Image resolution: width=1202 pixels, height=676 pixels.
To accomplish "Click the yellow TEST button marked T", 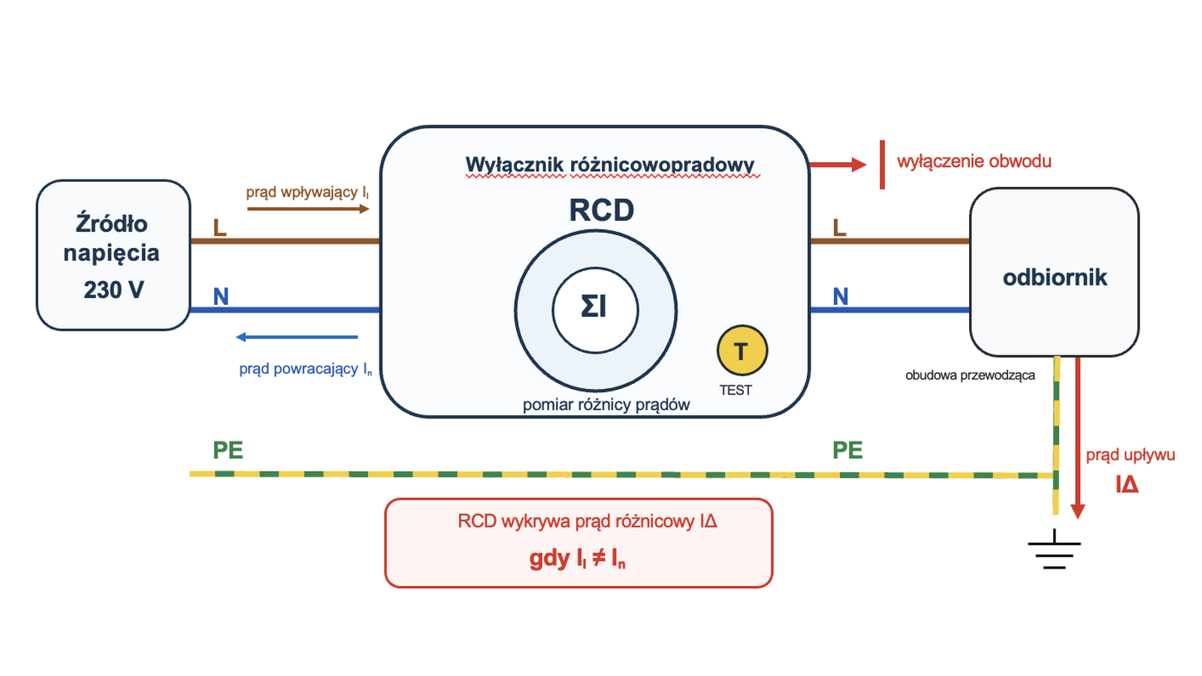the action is tap(742, 350).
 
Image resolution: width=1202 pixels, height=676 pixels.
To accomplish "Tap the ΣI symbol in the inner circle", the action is tap(594, 307).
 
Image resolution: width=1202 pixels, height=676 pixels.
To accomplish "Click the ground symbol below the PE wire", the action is tap(1055, 549).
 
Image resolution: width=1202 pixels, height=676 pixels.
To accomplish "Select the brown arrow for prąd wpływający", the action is tap(308, 209).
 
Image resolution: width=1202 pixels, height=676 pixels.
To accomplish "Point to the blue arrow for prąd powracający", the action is tap(297, 337).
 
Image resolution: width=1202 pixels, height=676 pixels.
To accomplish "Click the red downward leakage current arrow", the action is tap(1077, 437).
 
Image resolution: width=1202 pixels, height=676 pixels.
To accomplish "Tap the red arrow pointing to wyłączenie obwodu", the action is tap(838, 164).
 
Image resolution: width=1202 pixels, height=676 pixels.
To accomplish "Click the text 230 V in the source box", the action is tap(113, 290).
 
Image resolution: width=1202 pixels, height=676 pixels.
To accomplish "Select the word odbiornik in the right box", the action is tap(1055, 277).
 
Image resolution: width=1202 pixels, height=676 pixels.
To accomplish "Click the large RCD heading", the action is tap(602, 210).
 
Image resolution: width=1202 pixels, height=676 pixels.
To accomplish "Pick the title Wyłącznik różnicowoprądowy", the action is tap(610, 164).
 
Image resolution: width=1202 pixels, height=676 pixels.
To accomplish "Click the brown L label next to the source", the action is tap(220, 228).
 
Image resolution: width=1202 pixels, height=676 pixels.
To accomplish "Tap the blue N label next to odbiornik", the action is tap(841, 297).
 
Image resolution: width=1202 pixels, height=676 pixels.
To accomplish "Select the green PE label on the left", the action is tap(228, 450).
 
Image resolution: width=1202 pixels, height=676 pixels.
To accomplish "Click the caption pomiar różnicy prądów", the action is tap(606, 405).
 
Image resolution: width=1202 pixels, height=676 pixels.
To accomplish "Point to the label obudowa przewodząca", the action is tap(970, 375).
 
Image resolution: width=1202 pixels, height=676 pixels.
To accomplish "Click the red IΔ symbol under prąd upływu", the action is tap(1127, 484).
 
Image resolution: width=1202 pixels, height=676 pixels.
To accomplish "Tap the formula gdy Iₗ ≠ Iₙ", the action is tap(578, 558).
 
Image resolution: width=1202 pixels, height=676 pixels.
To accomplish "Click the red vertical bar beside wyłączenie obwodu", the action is tap(882, 164).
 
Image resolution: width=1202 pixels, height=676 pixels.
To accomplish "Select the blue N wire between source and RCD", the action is tap(285, 309).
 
